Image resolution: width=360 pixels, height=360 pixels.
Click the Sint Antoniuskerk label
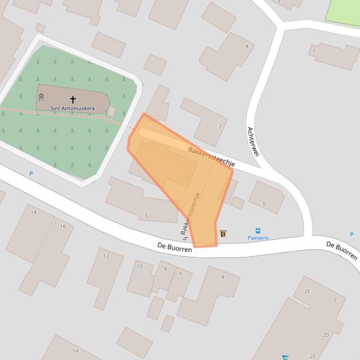point(73,108)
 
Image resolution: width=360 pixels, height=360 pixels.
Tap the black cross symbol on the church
point(73,100)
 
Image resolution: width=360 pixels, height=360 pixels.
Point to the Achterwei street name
point(253,142)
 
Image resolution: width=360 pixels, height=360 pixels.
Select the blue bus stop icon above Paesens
point(258,231)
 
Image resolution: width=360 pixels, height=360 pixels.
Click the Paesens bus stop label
point(258,238)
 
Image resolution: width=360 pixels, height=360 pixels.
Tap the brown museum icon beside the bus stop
point(223,233)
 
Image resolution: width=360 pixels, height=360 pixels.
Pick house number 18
point(34,212)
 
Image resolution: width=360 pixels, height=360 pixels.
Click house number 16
point(63,226)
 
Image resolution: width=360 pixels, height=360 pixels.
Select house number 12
point(106,256)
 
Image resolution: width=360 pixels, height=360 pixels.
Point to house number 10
point(140,266)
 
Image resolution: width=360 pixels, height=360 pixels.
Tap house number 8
point(165,268)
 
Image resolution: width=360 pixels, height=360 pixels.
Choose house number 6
point(181,273)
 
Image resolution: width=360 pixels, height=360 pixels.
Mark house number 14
point(75,351)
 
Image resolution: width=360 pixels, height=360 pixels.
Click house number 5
point(147,216)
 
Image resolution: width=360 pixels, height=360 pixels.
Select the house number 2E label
point(308,291)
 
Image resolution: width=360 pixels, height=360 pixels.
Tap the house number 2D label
point(325,335)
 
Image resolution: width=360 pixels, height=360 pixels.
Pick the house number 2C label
point(313,356)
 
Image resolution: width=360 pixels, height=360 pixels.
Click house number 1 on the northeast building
point(314,51)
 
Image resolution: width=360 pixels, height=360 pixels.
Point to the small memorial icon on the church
point(41,97)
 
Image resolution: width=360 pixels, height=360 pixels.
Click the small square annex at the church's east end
point(111,111)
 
